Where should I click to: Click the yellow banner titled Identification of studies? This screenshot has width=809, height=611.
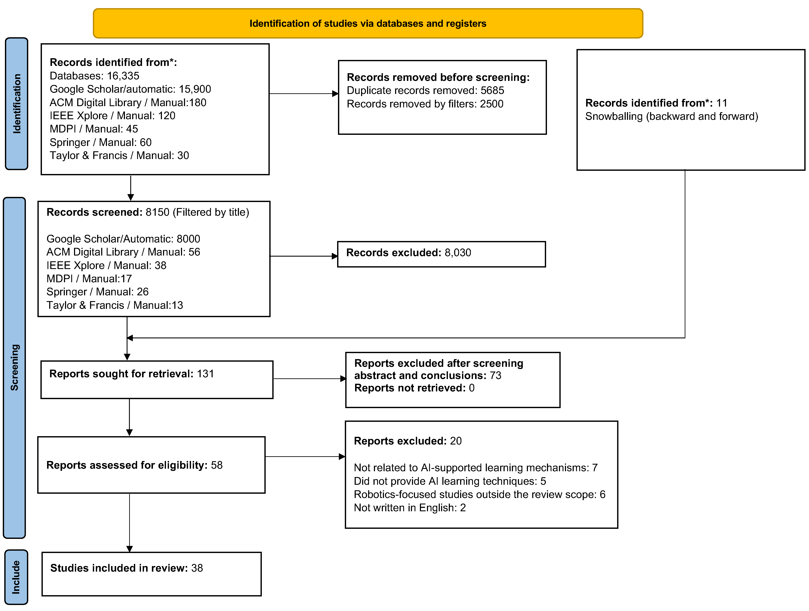[368, 23]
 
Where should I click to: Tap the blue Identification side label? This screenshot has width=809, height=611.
[16, 104]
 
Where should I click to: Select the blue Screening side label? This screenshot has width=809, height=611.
[15, 368]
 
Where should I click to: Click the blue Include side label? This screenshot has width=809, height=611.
[16, 577]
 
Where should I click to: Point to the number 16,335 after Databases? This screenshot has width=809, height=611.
[123, 76]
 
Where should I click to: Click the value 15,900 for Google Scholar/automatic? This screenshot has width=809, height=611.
[195, 89]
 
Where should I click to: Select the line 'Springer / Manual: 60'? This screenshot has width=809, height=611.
[101, 142]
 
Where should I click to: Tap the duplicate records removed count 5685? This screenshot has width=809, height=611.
[492, 90]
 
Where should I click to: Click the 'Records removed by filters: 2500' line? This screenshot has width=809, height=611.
[425, 104]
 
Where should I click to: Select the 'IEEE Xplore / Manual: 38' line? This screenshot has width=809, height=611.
[107, 265]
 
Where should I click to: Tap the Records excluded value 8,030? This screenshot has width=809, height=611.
[458, 253]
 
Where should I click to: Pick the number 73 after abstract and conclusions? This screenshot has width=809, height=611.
[496, 375]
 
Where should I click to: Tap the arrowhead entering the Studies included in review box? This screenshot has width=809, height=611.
[129, 549]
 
